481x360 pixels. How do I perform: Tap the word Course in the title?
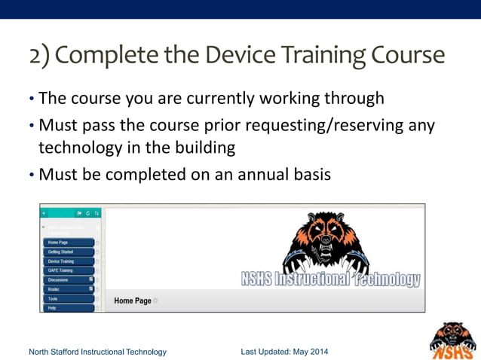coord(407,56)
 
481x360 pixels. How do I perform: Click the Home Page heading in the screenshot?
coord(133,301)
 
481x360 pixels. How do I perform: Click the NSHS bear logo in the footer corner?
coord(452,340)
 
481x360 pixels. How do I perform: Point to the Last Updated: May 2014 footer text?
coord(284,352)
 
